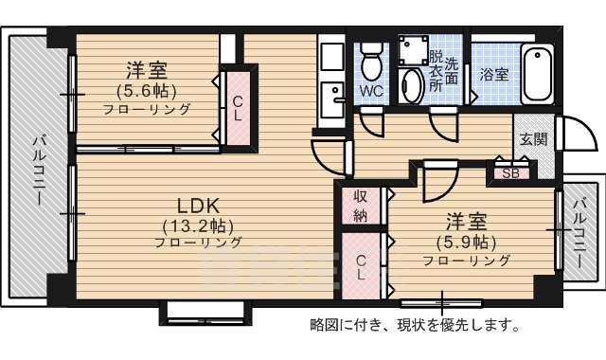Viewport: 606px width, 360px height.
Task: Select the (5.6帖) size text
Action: (x=147, y=91)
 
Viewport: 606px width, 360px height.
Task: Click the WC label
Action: (x=370, y=93)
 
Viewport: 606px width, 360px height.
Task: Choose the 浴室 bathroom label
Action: (x=493, y=73)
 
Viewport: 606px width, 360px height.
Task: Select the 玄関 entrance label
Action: (x=533, y=139)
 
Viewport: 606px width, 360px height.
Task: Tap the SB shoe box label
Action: (x=510, y=173)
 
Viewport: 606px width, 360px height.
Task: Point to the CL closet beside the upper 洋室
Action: (x=238, y=109)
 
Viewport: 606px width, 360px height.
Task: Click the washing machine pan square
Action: (x=413, y=50)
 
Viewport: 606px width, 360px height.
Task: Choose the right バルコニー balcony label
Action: (x=579, y=229)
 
